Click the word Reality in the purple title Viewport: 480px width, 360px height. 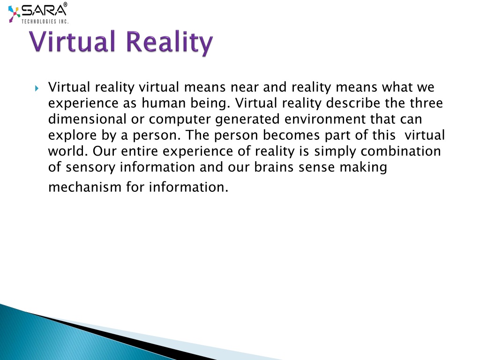click(169, 42)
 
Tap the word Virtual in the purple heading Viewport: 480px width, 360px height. click(72, 41)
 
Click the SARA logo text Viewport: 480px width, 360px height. click(44, 11)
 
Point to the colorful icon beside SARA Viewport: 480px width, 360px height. click(14, 14)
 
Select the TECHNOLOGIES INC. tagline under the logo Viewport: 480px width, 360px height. click(45, 22)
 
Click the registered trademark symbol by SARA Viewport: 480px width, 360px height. click(65, 4)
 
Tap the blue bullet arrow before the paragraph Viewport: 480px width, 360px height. click(37, 89)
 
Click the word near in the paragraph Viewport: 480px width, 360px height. click(244, 87)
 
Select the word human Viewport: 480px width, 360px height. click(164, 103)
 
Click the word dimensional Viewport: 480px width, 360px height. click(87, 119)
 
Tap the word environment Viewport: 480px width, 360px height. click(325, 119)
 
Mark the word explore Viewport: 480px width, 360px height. click(73, 135)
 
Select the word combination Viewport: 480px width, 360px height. click(401, 151)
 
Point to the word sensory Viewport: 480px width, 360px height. click(90, 168)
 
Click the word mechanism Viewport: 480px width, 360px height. click(85, 187)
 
